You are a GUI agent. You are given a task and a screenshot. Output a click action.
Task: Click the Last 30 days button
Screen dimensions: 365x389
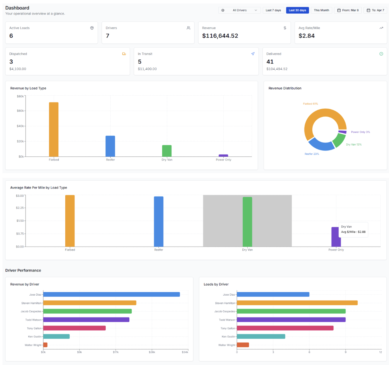297,10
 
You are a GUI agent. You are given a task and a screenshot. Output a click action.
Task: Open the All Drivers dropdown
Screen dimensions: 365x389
240,10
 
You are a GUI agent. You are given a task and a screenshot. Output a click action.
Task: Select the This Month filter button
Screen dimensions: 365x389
321,10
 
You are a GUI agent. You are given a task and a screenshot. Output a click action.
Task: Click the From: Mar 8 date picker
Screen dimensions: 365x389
348,10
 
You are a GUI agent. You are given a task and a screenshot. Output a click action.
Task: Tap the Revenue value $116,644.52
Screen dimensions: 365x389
220,36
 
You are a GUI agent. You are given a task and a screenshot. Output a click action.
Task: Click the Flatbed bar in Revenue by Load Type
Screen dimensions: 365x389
54,129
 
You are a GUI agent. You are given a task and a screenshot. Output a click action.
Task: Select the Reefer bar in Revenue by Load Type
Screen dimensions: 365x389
110,146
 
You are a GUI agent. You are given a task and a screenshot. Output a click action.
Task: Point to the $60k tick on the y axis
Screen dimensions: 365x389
21,111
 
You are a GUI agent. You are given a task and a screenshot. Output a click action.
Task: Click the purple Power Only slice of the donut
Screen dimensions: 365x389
342,132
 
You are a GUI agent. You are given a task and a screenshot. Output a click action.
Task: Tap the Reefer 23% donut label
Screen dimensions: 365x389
312,154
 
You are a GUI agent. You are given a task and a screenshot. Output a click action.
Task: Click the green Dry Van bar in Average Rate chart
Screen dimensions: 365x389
247,222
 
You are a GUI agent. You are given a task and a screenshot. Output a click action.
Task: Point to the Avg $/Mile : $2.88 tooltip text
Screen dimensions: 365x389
353,232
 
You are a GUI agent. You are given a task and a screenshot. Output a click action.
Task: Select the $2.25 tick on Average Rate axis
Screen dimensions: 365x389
20,208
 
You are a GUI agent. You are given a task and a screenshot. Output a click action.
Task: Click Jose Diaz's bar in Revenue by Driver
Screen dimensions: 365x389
111,294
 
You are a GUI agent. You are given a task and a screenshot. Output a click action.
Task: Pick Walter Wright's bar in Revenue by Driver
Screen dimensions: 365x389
45,345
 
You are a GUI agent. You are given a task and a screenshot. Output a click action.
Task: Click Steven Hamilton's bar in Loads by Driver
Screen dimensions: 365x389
297,303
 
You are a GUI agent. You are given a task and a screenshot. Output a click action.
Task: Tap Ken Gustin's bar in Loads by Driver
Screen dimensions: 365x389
261,336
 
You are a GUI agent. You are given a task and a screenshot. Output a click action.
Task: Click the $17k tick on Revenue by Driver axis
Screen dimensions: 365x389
116,352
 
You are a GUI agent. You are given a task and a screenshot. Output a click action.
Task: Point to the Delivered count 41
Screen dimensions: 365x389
270,62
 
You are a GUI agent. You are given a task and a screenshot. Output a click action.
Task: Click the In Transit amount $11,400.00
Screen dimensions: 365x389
147,69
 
